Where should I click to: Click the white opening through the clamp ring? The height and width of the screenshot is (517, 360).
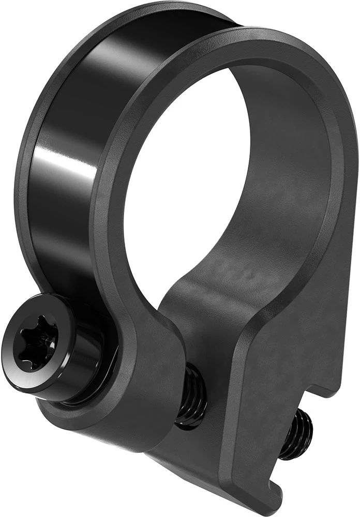(207, 171)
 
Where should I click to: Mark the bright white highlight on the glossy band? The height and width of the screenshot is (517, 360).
(62, 165)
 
